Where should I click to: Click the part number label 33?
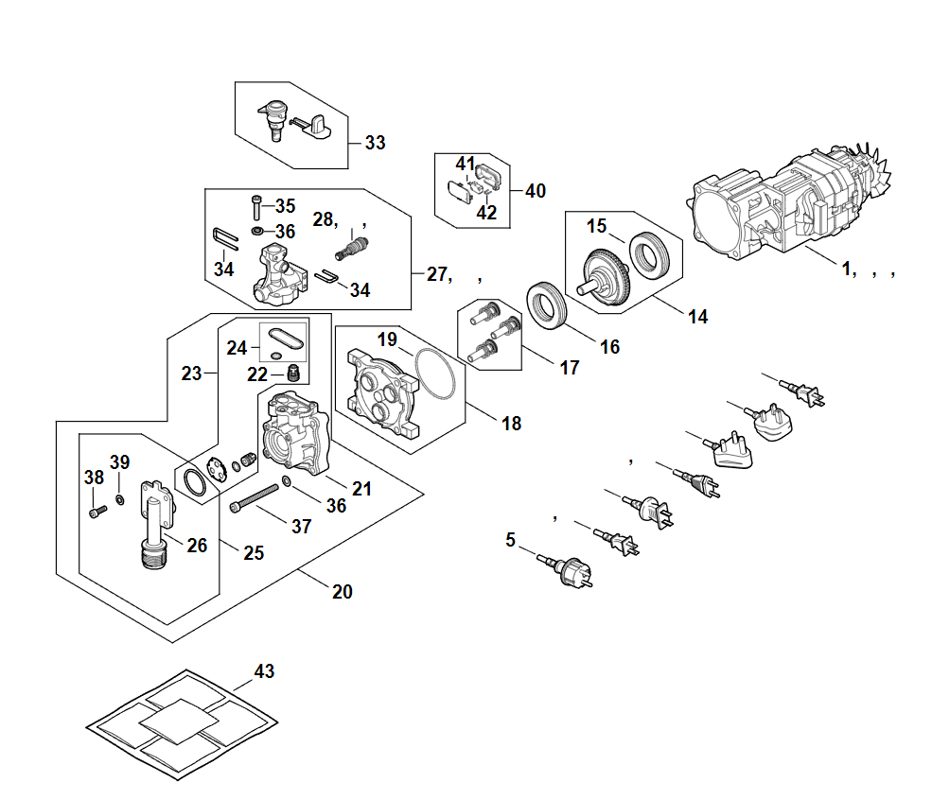click(375, 143)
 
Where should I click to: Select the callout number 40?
click(535, 190)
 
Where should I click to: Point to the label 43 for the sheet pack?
click(264, 671)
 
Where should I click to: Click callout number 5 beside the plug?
click(511, 540)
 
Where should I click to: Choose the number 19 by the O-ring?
click(388, 339)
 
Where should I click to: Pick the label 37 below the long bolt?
click(301, 527)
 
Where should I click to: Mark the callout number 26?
click(197, 545)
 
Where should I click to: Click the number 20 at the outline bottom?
click(342, 592)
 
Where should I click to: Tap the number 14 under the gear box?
click(697, 317)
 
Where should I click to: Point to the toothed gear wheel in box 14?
click(607, 275)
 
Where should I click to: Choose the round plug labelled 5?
click(574, 573)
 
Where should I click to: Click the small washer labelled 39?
click(120, 497)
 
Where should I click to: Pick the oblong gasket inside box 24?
click(284, 337)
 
